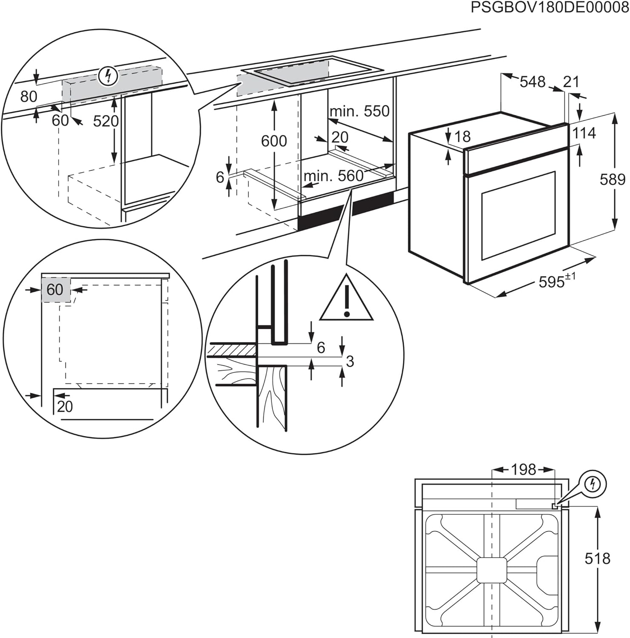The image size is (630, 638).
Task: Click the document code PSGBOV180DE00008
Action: tap(549, 8)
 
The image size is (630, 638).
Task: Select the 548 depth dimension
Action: tap(532, 81)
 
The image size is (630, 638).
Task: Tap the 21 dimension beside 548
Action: tap(571, 81)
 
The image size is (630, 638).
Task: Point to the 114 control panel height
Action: tap(584, 133)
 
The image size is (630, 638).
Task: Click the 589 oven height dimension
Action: tap(612, 179)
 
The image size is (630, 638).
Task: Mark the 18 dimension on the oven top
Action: tap(462, 137)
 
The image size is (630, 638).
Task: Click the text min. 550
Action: tap(359, 111)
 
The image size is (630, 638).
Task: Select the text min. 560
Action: tap(334, 176)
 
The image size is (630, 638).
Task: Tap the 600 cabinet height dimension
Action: tap(274, 141)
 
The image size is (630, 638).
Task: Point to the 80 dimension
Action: tap(29, 97)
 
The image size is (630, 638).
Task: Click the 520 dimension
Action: tap(105, 122)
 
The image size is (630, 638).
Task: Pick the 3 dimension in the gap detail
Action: tap(350, 362)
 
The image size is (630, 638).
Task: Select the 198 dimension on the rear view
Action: tap(523, 470)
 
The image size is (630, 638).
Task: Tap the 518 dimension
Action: tap(597, 558)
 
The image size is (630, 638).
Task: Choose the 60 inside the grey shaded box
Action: tap(55, 290)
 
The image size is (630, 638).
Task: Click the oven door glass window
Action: tap(518, 216)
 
